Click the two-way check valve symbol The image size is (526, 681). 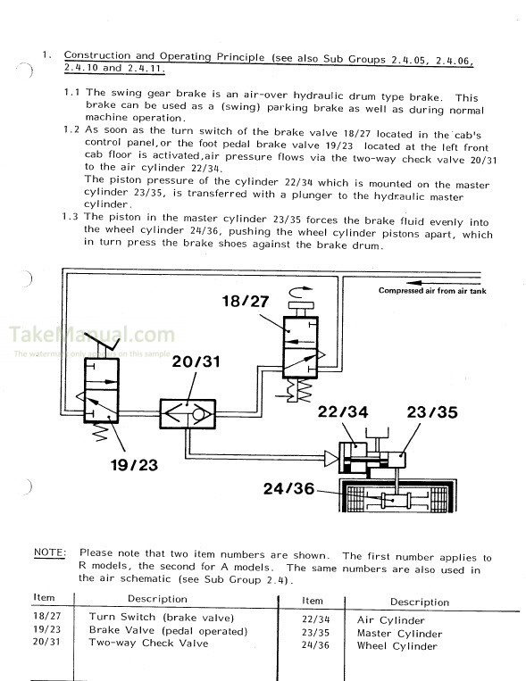pos(186,412)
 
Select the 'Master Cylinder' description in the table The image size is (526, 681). pos(399,633)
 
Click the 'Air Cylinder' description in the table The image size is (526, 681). pos(391,619)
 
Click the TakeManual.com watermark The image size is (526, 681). pos(93,336)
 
